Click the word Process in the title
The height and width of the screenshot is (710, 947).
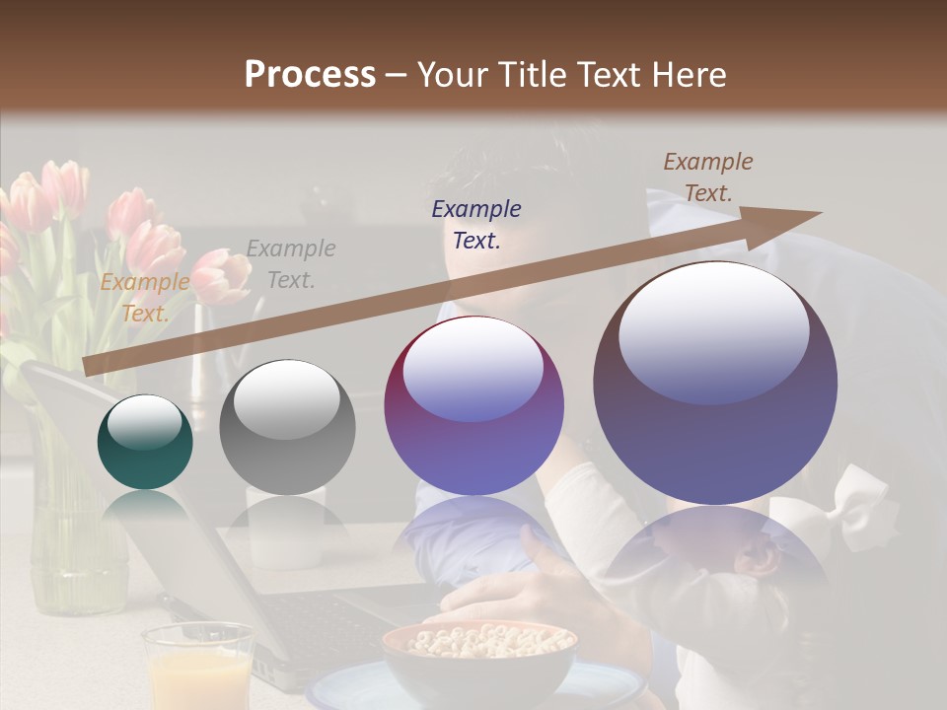[310, 75]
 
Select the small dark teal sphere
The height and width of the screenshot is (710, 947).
[145, 442]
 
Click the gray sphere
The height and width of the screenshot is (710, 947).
[286, 427]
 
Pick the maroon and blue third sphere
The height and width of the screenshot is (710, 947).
[473, 405]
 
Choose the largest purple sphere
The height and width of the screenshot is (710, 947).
[715, 383]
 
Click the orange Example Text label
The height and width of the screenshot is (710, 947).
[145, 298]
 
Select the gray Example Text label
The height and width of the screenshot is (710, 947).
[291, 264]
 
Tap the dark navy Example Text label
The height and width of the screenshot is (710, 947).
[476, 224]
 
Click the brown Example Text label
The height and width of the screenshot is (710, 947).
[708, 177]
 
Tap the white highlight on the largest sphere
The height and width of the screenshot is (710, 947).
[713, 330]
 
